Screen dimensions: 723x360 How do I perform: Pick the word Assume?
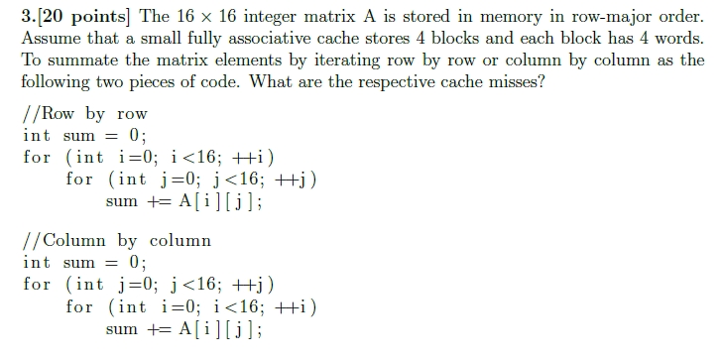pos(49,39)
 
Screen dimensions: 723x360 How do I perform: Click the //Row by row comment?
pos(84,113)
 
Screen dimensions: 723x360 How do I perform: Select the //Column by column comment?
pos(117,240)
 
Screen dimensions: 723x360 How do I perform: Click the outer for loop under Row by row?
pos(149,157)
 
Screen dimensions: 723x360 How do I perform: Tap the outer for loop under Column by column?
pos(149,284)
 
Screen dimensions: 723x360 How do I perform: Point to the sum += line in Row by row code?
pos(183,201)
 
